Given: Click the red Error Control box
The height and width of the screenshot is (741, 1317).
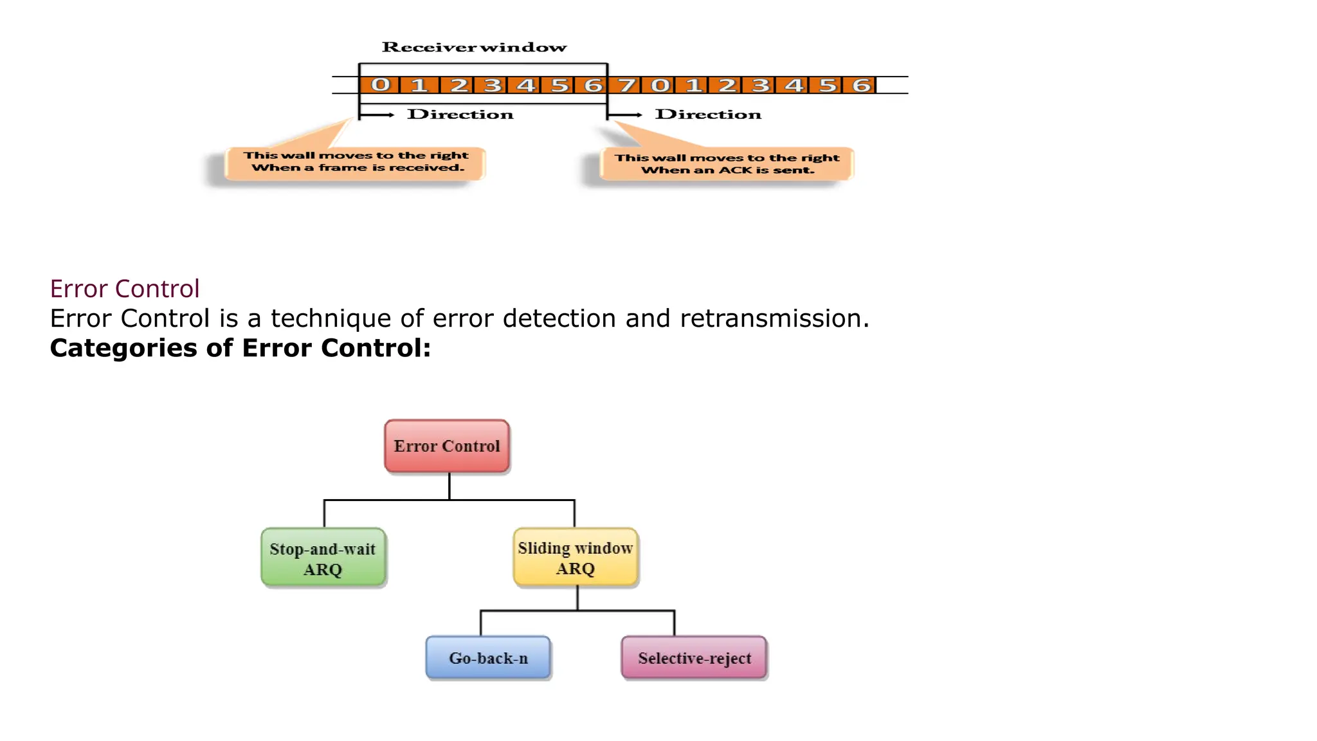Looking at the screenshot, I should (447, 446).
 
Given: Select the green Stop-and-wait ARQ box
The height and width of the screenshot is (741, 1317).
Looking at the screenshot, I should (323, 558).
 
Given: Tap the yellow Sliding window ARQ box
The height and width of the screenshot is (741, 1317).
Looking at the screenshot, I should (576, 557).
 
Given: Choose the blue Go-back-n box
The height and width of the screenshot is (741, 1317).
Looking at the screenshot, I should (488, 658).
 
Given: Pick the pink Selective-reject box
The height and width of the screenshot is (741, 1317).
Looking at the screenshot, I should (694, 658).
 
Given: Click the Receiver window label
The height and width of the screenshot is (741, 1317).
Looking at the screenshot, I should (474, 48).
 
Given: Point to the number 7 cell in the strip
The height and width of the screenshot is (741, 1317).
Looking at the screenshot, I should (626, 85).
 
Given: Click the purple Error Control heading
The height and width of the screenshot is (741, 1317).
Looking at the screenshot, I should (125, 289).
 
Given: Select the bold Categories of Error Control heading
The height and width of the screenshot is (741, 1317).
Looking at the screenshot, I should (240, 348).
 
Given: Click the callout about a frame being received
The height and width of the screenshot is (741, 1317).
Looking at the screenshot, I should (355, 162).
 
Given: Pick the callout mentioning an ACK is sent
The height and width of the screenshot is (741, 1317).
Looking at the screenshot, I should (727, 164).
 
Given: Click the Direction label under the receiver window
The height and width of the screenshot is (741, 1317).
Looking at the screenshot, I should (460, 114).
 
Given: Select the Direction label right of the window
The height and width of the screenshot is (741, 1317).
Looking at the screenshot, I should (708, 114).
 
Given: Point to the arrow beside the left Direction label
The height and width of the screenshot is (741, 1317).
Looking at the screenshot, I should (378, 115).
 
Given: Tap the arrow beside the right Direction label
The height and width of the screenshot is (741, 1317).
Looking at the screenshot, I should (626, 115).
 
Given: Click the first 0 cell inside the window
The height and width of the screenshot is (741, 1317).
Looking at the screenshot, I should (380, 85).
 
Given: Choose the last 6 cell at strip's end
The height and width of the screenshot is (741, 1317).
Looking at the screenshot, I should (860, 85).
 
